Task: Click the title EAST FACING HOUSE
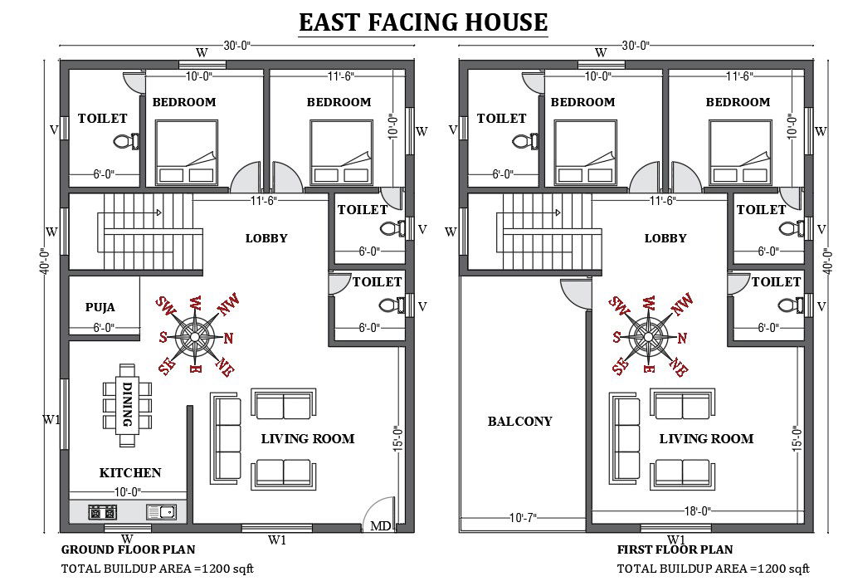423,22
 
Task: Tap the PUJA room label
100,307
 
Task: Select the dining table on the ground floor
127,396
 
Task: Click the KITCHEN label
130,472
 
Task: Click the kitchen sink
161,511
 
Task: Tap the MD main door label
380,525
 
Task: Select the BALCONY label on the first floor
519,422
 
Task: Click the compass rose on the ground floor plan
196,336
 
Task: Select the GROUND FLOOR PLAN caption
129,549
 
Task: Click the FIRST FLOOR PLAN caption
675,549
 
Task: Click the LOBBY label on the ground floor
266,238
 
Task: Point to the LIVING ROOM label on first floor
706,438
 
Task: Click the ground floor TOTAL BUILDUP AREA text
158,569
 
